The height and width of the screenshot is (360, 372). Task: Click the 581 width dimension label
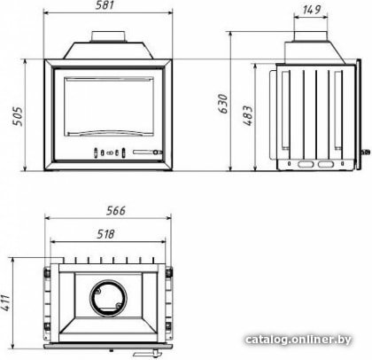105,5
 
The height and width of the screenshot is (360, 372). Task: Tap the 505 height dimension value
18,116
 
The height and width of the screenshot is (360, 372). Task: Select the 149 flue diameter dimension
311,10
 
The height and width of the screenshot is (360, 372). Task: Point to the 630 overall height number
223,104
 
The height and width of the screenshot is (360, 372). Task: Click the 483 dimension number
249,116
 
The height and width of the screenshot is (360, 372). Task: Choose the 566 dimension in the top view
116,210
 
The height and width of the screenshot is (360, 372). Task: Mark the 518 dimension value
105,234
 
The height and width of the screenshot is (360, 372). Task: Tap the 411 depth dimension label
5,302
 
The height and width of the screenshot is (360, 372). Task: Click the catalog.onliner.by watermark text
298,340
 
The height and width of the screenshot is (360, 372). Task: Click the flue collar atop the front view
110,36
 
